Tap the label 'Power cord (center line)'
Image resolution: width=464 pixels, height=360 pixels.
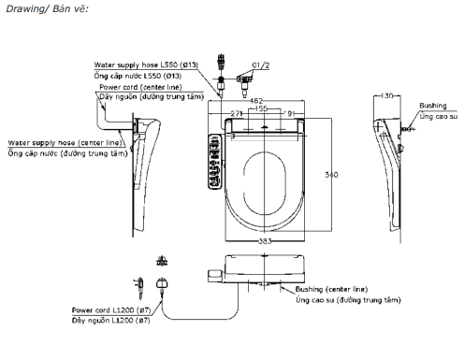139,86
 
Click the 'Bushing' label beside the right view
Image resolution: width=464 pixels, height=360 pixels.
432,107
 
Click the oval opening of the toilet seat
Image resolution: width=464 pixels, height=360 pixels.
271,178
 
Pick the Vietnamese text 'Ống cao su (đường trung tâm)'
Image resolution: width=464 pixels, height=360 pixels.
348,300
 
